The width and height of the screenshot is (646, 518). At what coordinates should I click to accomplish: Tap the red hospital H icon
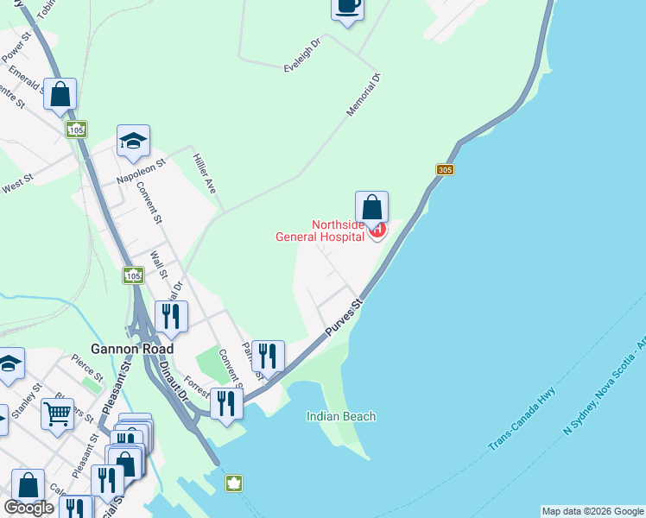(377, 230)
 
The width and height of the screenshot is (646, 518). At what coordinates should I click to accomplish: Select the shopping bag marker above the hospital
(371, 207)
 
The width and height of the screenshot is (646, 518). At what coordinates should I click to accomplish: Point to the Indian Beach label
(341, 417)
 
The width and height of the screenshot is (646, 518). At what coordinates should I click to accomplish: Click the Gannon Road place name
(136, 349)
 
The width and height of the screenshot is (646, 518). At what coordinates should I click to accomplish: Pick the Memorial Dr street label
(364, 96)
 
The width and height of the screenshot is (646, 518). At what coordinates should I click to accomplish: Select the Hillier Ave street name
(206, 173)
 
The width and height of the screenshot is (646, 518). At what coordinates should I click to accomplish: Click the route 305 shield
(445, 170)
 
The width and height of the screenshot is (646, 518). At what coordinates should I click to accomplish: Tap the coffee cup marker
(347, 7)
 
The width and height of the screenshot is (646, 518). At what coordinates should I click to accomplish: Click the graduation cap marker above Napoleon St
(133, 141)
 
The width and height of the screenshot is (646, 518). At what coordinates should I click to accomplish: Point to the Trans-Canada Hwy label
(522, 420)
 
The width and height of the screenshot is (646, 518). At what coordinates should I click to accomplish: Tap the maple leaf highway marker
(233, 483)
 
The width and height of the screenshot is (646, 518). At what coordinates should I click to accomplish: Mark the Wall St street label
(158, 265)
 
